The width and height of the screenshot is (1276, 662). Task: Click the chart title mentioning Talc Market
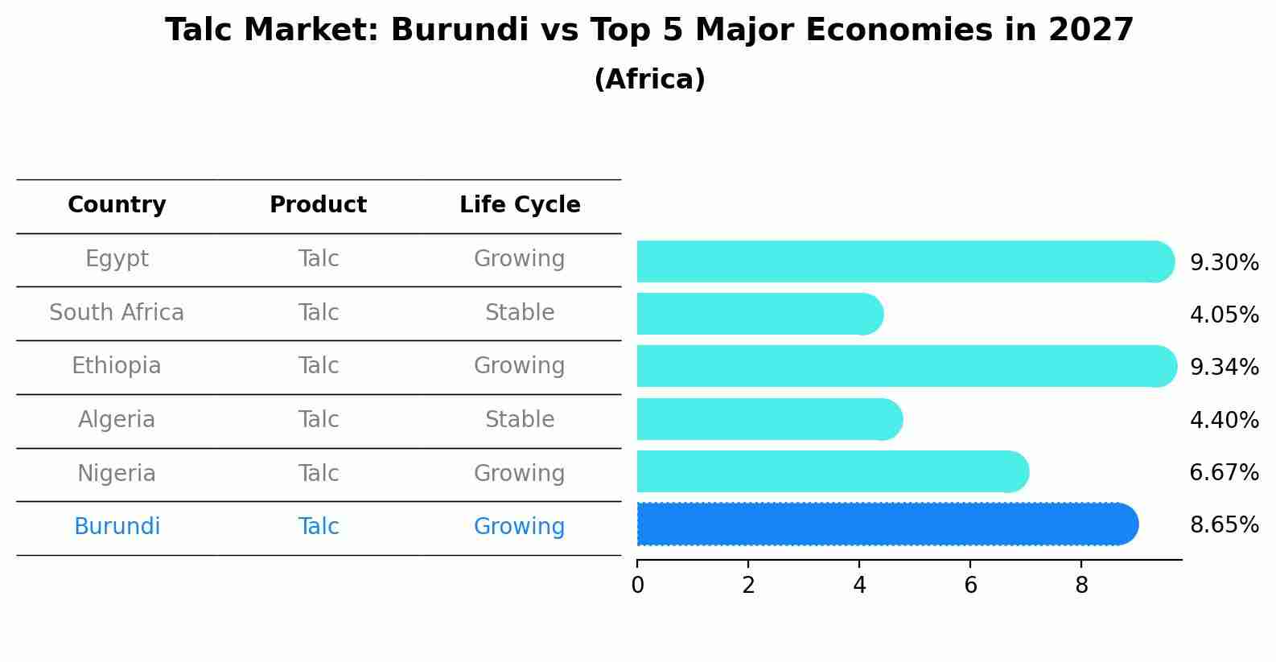(649, 31)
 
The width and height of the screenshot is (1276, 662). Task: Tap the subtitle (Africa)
(649, 80)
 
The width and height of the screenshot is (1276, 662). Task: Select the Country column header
(117, 205)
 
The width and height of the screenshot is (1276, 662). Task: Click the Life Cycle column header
(520, 205)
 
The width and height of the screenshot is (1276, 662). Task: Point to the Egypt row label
(117, 259)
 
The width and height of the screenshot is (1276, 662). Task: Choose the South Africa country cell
(117, 313)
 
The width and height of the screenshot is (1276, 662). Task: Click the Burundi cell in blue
(117, 527)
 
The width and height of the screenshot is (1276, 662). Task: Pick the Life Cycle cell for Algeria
(520, 420)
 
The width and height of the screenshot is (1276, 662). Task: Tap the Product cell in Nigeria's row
(319, 474)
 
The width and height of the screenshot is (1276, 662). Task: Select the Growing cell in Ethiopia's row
(520, 366)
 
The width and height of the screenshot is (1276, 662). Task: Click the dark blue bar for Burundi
(885, 524)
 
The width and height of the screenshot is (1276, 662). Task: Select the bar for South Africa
(756, 314)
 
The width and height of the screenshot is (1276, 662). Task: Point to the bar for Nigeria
(829, 471)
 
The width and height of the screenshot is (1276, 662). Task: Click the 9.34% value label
(1224, 368)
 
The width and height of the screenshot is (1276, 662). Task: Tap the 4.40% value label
(1224, 421)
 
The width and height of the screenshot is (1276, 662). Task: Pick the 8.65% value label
(1224, 525)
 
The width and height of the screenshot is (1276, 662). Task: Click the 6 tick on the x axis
(970, 586)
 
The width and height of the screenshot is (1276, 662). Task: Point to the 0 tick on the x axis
(637, 586)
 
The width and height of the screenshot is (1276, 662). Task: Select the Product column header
(319, 205)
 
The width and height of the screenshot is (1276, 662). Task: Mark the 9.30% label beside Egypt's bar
(1224, 263)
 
